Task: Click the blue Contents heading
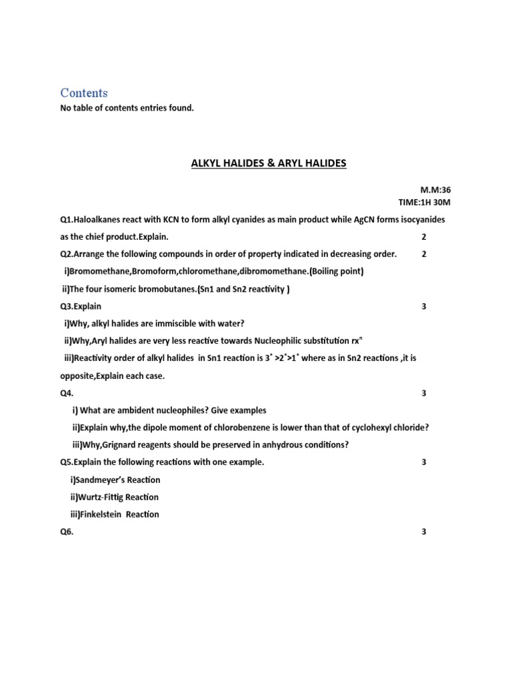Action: click(83, 93)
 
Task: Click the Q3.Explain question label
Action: click(81, 306)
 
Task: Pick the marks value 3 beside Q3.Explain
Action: click(424, 306)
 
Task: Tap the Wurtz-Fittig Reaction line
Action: click(114, 497)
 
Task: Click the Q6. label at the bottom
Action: click(67, 531)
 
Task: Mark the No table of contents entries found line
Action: click(127, 108)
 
